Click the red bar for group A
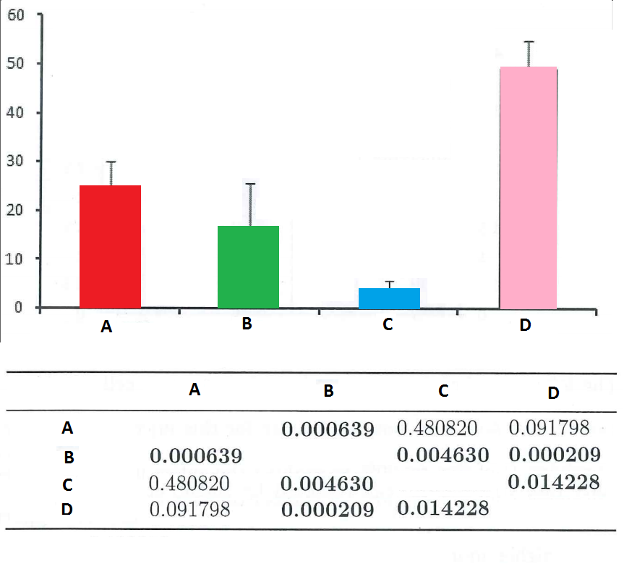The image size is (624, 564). pos(110,246)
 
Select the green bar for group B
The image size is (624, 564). pos(248,266)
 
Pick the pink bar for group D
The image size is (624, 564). pos(528,187)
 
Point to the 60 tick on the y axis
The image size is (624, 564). pos(17,15)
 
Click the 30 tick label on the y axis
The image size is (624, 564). pos(17,161)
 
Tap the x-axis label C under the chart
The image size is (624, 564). pos(388,325)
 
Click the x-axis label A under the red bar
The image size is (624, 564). pos(106,327)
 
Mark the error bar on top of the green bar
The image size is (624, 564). pos(251,204)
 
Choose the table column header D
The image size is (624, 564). pos(553,393)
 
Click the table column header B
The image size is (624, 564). pos(328,392)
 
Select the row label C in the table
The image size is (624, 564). pos(67,484)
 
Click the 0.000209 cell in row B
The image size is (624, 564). pos(553,455)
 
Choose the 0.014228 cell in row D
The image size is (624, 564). pos(443,509)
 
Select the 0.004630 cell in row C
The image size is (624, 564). pos(328,483)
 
